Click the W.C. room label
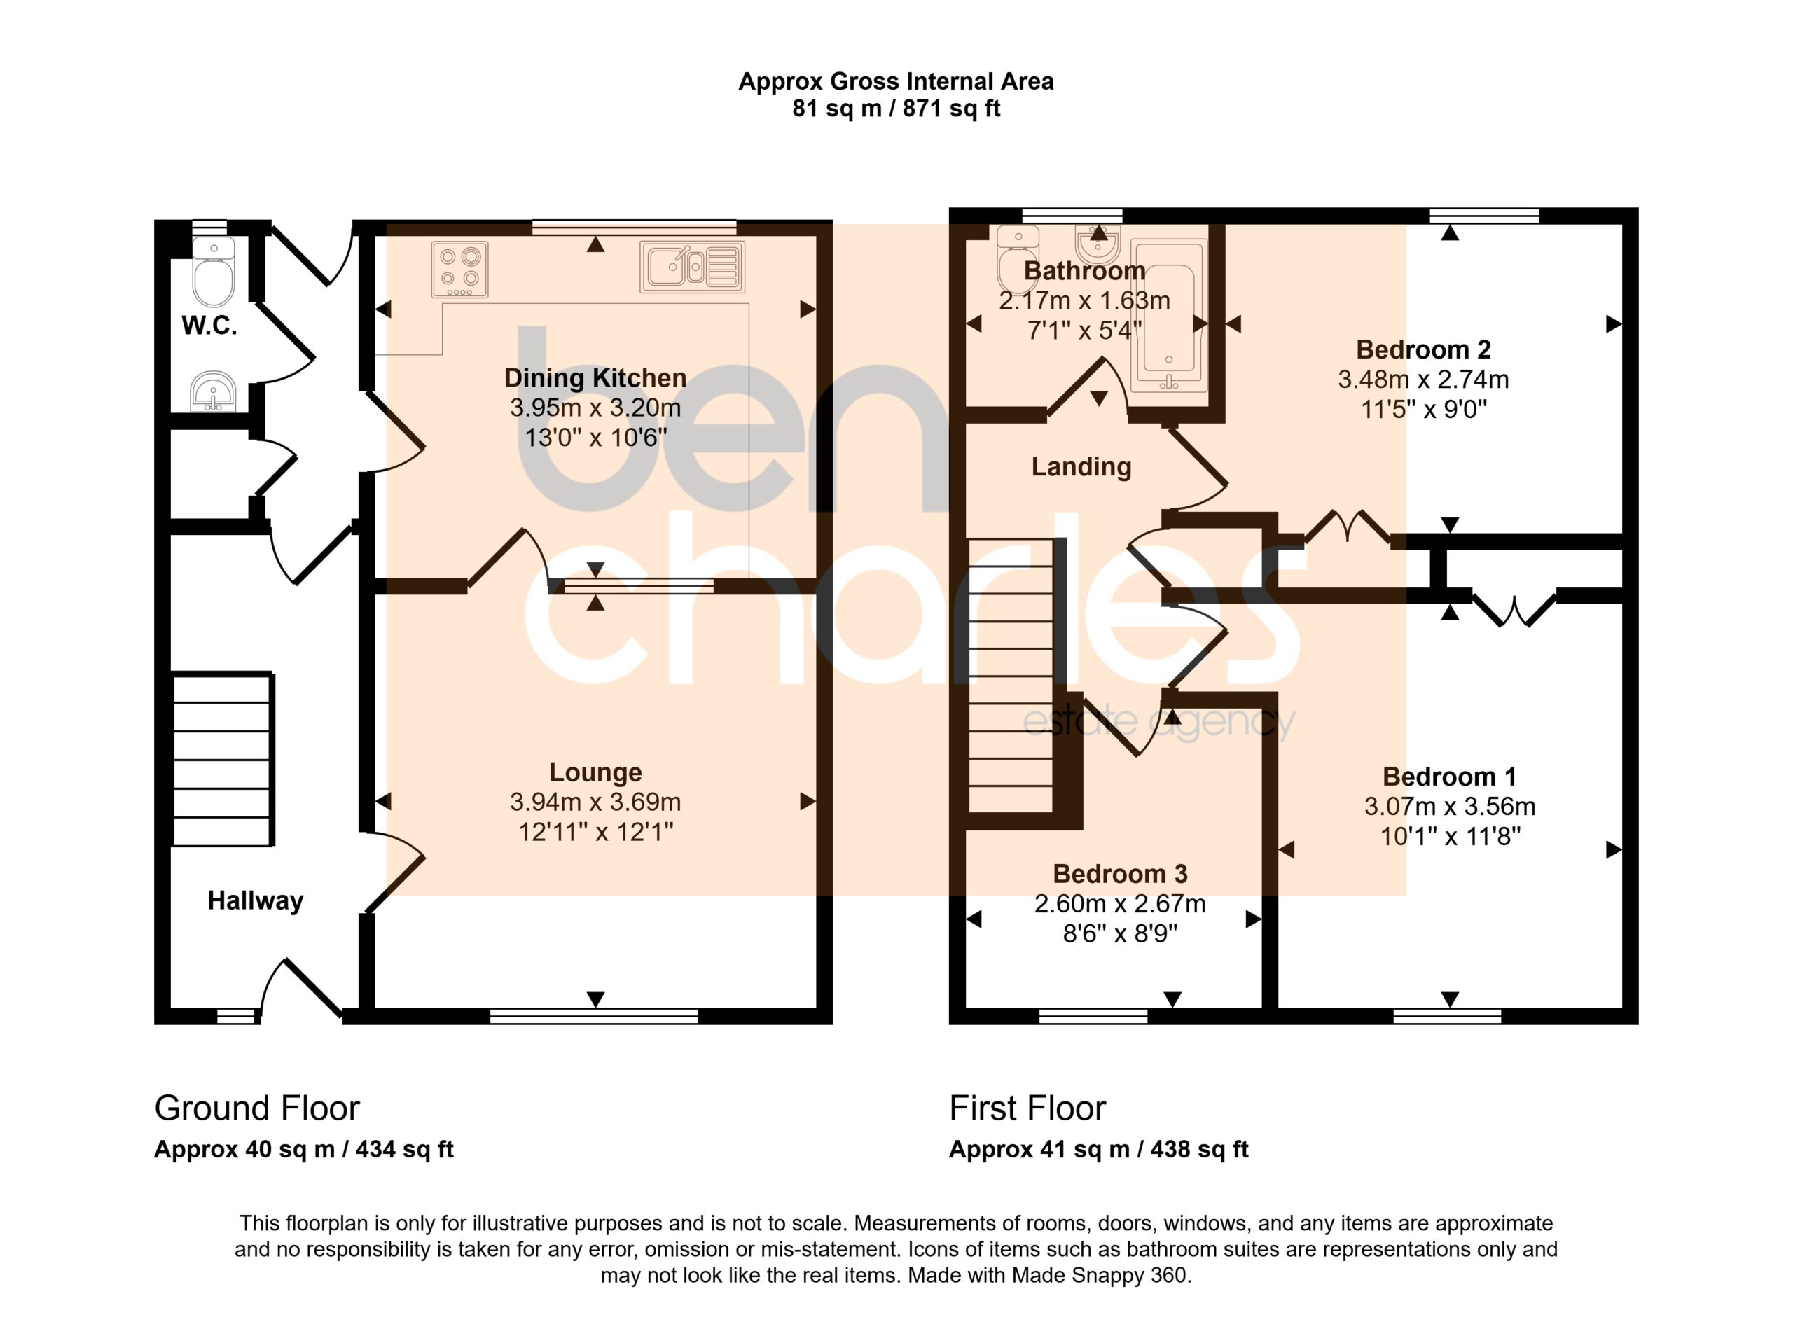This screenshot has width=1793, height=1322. pyautogui.click(x=209, y=326)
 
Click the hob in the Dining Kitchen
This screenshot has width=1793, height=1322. pyautogui.click(x=459, y=270)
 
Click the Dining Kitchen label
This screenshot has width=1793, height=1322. pyautogui.click(x=595, y=377)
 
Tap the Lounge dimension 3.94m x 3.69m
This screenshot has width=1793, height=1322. pyautogui.click(x=595, y=802)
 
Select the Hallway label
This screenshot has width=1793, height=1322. pyautogui.click(x=256, y=901)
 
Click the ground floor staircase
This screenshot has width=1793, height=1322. pyautogui.click(x=223, y=760)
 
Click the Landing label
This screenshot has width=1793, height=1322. pyautogui.click(x=1081, y=466)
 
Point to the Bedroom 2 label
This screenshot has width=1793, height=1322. pyautogui.click(x=1423, y=349)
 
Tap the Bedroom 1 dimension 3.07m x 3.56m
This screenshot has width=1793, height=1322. pyautogui.click(x=1450, y=807)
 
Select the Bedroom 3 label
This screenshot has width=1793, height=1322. pyautogui.click(x=1120, y=874)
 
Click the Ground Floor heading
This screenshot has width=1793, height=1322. pyautogui.click(x=257, y=1108)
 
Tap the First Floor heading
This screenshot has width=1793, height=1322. pyautogui.click(x=1027, y=1108)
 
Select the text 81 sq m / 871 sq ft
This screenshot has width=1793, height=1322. pyautogui.click(x=896, y=108)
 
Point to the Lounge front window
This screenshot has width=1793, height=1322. pyautogui.click(x=594, y=1016)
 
